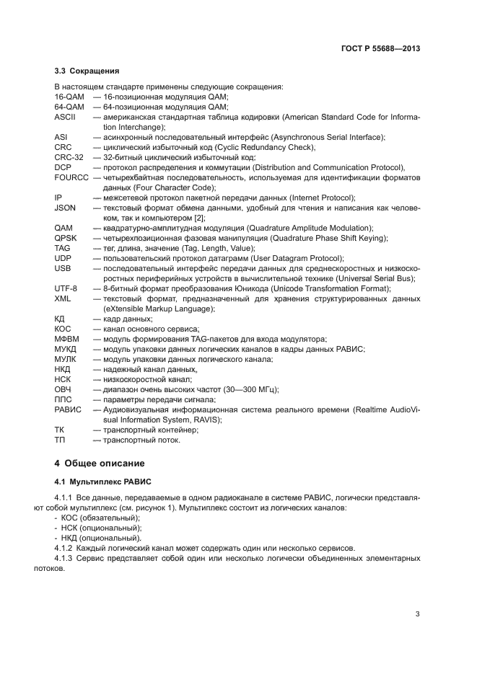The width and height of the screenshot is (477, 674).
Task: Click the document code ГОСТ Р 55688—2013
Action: [381, 48]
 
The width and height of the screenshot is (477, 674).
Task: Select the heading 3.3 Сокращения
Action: [87, 71]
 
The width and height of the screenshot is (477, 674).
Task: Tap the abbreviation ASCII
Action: [65, 117]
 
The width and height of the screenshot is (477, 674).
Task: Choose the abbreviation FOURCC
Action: [71, 177]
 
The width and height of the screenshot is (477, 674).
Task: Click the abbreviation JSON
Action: [65, 207]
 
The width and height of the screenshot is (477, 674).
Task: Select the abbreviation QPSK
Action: [65, 237]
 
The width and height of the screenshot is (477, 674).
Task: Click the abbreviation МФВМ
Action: [67, 338]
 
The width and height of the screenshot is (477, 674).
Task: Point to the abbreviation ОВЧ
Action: [63, 389]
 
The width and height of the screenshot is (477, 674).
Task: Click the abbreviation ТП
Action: [60, 439]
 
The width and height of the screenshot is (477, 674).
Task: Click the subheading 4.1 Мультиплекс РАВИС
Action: [101, 482]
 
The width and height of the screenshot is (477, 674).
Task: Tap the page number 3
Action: [418, 614]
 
